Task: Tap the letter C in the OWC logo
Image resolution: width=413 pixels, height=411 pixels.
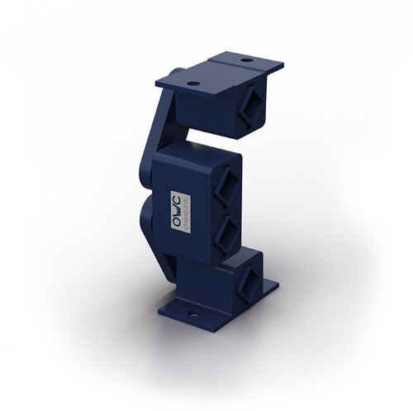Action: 176,200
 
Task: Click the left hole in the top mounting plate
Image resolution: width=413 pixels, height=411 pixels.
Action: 192,84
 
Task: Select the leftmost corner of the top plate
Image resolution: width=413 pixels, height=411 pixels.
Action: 155,81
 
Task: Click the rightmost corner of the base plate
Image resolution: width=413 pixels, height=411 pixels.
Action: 278,286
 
